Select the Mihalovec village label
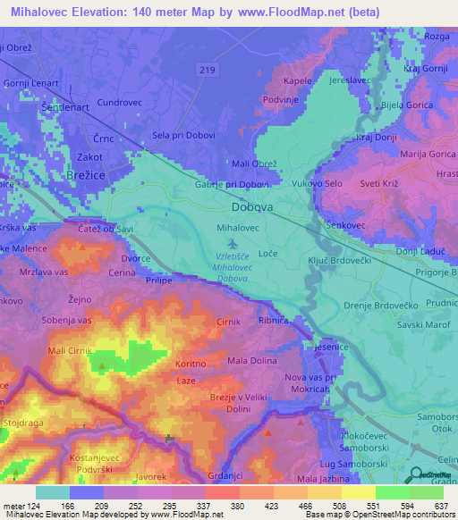point(239,228)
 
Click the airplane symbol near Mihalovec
point(234,243)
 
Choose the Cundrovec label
point(119,103)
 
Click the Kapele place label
point(297,80)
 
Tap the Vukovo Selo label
point(318,183)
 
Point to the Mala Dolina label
point(251,361)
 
